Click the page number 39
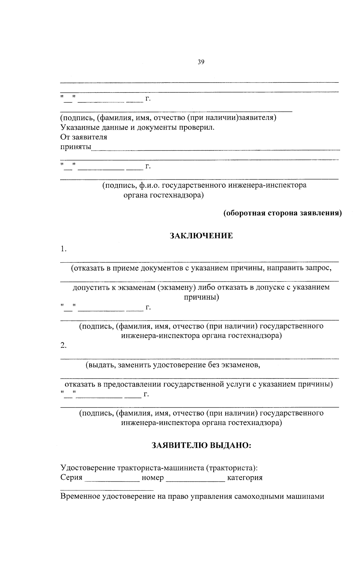(x=201, y=62)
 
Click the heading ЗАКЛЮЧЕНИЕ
(x=201, y=236)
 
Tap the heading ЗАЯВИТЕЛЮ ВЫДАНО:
(x=201, y=445)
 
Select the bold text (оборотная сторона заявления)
(x=282, y=213)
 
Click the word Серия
(x=71, y=477)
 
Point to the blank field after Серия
(x=112, y=479)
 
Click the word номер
(x=153, y=477)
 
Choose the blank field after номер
(x=195, y=479)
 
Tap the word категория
(x=245, y=478)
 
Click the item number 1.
(x=63, y=249)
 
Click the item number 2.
(x=63, y=345)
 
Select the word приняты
(x=76, y=147)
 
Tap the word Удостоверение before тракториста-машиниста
(x=88, y=468)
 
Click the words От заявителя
(x=84, y=137)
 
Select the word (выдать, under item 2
(x=100, y=365)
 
